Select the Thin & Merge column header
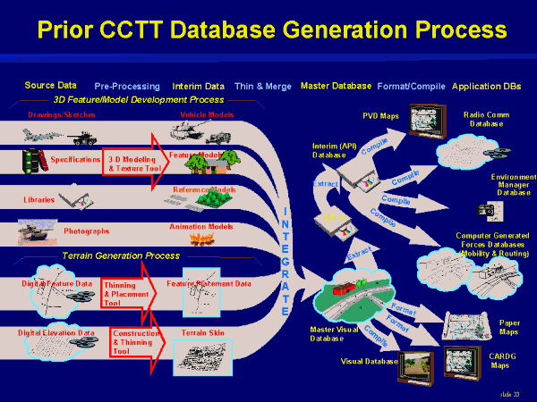point(262,87)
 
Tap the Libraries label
point(38,199)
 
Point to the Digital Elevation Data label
point(57,332)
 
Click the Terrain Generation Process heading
point(117,255)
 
